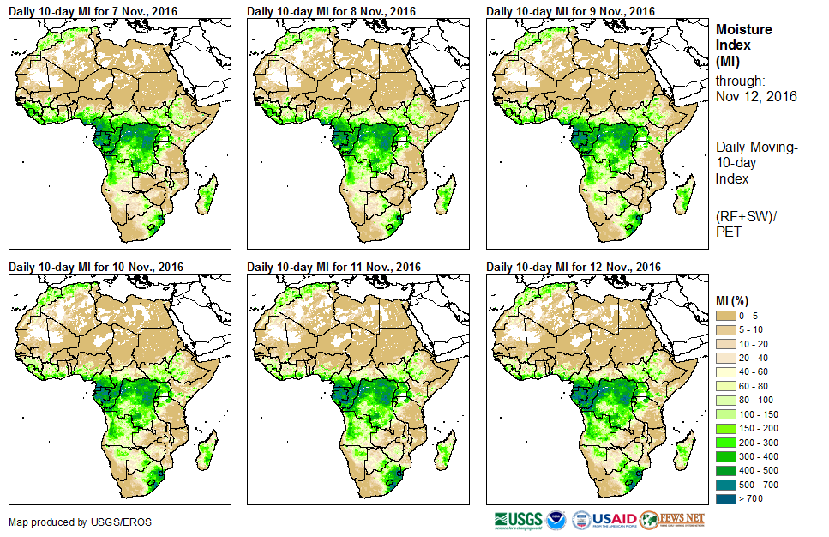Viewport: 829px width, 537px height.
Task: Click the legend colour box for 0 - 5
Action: (727, 317)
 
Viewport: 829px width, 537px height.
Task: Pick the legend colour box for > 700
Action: (727, 498)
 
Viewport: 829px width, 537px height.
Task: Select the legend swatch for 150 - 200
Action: (727, 428)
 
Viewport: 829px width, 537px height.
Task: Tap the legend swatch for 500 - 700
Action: (727, 484)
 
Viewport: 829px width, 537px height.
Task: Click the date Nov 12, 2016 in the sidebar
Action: (756, 96)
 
